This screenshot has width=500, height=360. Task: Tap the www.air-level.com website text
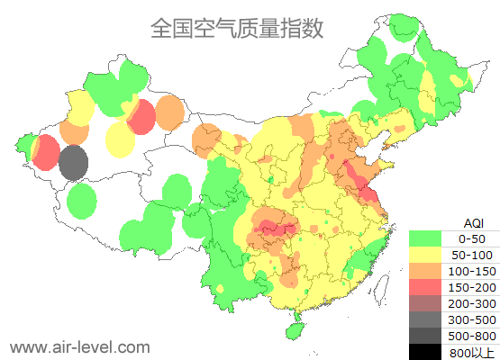point(79,346)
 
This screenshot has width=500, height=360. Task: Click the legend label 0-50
point(471,238)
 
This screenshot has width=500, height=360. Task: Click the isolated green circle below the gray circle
point(81,200)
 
